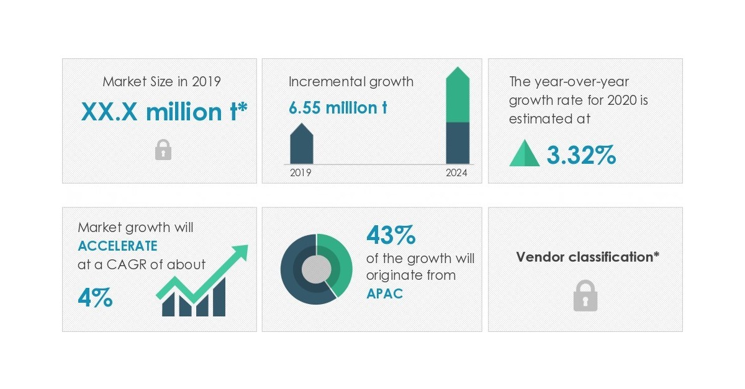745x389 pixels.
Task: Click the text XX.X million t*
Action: pos(165,112)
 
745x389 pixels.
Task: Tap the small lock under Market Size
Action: pos(163,150)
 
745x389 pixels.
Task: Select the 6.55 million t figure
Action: pos(338,107)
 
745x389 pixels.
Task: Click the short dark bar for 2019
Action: pos(302,146)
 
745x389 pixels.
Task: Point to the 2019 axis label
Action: pos(301,173)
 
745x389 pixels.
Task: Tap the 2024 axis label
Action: pos(457,173)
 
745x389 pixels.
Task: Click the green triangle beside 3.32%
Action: pos(525,154)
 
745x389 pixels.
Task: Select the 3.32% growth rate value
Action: pos(581,155)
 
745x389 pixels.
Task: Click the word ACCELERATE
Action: pos(117,246)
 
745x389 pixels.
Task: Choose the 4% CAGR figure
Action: pos(95,298)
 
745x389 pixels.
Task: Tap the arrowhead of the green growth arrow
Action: pos(239,253)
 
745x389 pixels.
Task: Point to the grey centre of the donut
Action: pos(317,269)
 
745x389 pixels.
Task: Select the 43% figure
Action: pos(391,235)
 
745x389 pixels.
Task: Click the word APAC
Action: pos(384,293)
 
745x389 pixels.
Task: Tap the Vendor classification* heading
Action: pos(587,257)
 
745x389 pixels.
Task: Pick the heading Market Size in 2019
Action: pos(162,81)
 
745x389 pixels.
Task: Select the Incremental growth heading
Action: pos(351,81)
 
